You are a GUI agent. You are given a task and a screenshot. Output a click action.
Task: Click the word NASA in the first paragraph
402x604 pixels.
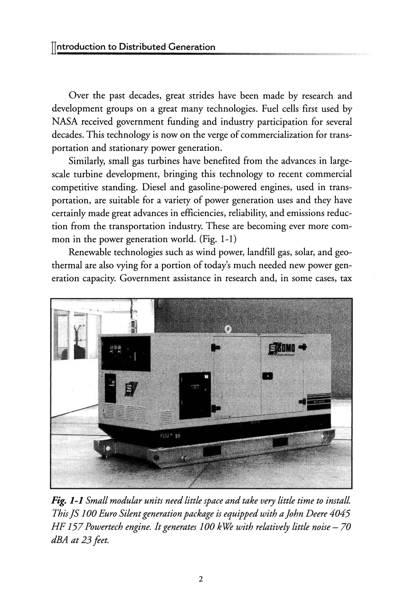65,122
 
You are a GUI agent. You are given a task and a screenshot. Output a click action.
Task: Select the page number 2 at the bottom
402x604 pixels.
201,579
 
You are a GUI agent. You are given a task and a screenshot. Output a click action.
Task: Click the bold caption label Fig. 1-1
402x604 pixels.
67,500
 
